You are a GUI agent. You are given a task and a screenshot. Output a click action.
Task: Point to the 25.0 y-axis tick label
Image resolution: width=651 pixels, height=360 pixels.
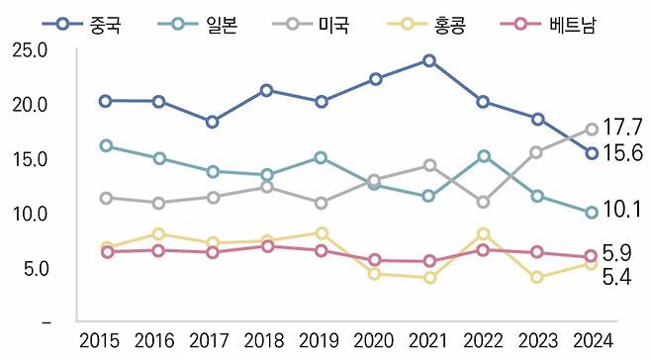click(x=30, y=49)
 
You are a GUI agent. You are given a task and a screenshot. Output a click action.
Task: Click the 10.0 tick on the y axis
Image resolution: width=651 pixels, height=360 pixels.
click(x=30, y=214)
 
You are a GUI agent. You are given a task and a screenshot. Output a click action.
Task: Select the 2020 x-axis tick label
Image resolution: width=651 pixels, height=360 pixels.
click(x=375, y=341)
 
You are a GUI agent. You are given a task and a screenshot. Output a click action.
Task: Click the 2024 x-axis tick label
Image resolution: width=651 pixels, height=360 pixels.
click(x=591, y=341)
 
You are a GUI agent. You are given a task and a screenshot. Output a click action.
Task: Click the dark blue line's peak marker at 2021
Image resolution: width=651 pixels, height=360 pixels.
click(x=429, y=60)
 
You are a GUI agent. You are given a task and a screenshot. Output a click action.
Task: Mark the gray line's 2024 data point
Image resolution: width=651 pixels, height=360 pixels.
click(x=592, y=129)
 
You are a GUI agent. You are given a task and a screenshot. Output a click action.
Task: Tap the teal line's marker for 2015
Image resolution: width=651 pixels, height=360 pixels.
click(x=105, y=145)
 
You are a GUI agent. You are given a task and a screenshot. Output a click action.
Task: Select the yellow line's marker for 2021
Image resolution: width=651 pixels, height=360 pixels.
click(x=429, y=278)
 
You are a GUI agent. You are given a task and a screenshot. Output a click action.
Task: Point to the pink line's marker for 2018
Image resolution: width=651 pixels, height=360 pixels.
click(x=267, y=245)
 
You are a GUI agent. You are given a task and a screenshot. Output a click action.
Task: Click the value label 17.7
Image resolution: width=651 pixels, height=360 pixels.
click(x=623, y=128)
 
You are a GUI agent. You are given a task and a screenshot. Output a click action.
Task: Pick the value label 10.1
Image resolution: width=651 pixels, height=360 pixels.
click(x=623, y=210)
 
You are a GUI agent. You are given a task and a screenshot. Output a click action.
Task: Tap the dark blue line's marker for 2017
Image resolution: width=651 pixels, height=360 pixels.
click(x=213, y=122)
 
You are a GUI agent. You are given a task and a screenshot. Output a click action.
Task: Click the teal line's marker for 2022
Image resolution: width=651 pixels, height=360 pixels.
click(x=484, y=155)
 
